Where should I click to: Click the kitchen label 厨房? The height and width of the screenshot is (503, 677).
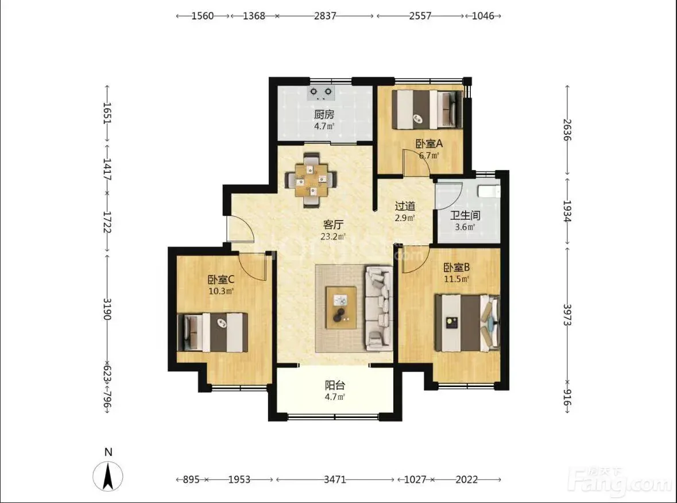[324, 115]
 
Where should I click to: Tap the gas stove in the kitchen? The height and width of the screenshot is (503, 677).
[322, 93]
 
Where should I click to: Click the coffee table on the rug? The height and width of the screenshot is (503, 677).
[341, 308]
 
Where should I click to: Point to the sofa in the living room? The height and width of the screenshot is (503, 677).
[378, 308]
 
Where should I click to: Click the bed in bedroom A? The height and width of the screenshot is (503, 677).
[427, 109]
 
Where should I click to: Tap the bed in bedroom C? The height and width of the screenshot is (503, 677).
[212, 332]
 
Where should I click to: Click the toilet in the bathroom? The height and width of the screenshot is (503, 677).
[489, 190]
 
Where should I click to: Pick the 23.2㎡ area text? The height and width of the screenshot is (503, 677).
[333, 237]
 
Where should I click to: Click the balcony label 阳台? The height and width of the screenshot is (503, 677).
[335, 385]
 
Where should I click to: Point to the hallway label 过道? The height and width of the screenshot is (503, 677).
[405, 206]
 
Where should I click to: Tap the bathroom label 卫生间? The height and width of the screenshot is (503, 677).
[465, 215]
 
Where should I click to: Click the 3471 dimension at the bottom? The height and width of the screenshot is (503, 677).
[335, 479]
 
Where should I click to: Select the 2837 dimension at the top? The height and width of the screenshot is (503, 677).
[324, 16]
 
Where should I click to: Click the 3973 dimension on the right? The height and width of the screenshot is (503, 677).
[567, 314]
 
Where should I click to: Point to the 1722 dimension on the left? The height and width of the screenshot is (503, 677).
[107, 222]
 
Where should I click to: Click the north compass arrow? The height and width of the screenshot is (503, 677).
[109, 476]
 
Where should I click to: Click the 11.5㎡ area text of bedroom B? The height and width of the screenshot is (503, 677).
[457, 279]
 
